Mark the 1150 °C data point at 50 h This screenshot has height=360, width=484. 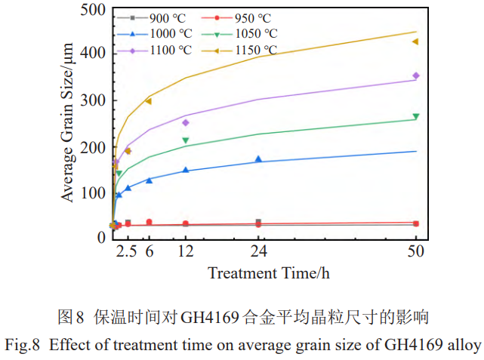click(x=415, y=42)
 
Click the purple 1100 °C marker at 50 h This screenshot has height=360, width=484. click(x=415, y=75)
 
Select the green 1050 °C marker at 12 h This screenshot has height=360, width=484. click(x=186, y=140)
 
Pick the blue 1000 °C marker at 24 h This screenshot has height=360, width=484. click(x=258, y=159)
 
